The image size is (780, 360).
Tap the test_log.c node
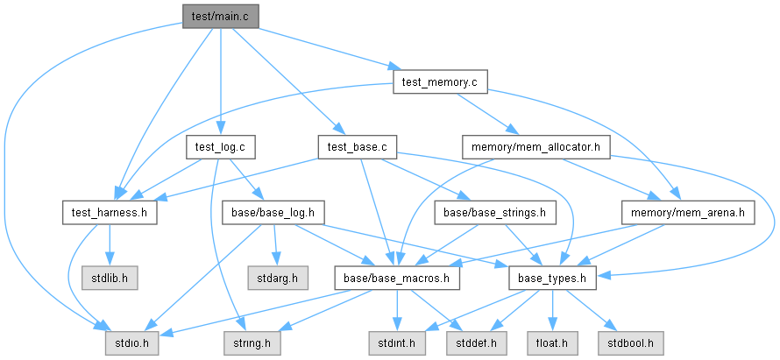point(219,147)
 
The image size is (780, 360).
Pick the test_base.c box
point(357,147)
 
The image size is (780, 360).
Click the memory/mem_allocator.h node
point(535,147)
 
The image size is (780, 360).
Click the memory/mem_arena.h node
point(686,212)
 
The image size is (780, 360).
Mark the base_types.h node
point(552,279)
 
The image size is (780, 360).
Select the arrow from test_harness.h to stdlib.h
point(108,245)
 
